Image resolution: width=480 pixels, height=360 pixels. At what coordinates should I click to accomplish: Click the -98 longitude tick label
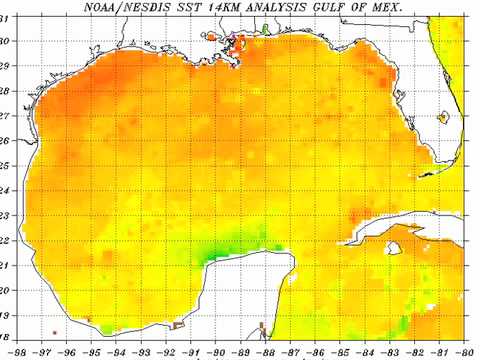pos(20,353)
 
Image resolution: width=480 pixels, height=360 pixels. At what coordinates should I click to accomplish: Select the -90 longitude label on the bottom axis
pos(216,353)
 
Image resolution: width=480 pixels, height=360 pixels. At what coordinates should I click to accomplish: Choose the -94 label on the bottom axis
pos(118,353)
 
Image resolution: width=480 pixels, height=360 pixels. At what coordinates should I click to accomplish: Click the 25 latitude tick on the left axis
pos(6,165)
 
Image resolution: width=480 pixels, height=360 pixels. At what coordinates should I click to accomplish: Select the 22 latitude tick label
pos(6,240)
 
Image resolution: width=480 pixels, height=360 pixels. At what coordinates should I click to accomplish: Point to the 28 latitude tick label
pos(6,91)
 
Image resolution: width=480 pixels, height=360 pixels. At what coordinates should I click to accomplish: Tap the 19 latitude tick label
pos(6,314)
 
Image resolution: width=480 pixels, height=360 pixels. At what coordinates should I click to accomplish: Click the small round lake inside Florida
pos(443,118)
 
